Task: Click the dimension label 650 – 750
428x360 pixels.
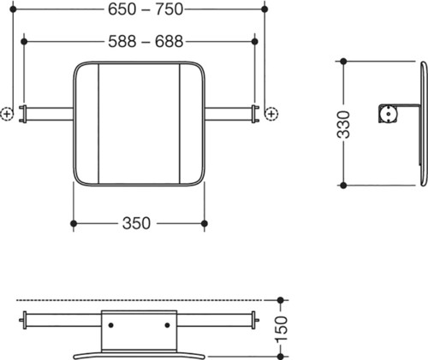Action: (x=146, y=9)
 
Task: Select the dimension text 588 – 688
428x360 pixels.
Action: (x=146, y=42)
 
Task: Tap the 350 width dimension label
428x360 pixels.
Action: (x=136, y=223)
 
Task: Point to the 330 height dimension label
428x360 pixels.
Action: (x=343, y=125)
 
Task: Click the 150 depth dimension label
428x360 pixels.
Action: (x=281, y=328)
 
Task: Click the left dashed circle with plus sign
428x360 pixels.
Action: (x=7, y=114)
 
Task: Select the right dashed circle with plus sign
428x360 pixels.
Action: (x=271, y=114)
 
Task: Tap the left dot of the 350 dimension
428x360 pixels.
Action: (x=74, y=223)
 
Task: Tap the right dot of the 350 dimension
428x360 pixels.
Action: (x=205, y=223)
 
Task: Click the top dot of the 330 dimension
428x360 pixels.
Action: (x=343, y=62)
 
